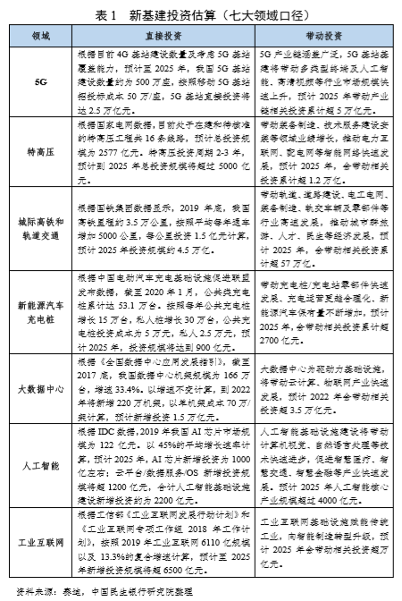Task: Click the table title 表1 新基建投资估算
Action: (201, 15)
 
